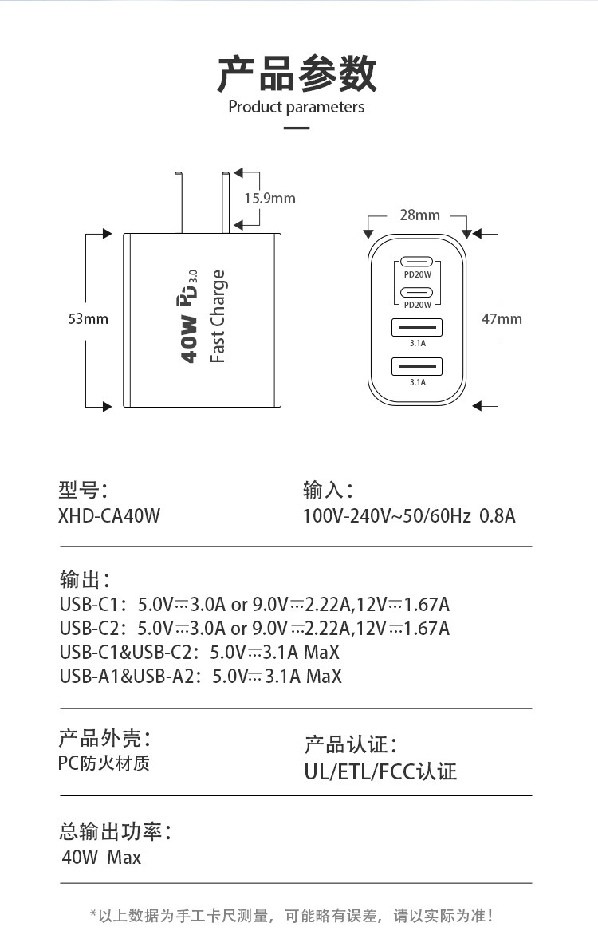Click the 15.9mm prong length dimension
269,198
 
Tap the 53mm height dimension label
88,319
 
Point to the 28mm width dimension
419,215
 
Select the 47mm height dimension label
502,319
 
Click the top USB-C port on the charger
417,262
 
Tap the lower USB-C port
417,292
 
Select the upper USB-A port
417,327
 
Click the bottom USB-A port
417,366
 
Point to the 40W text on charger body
188,339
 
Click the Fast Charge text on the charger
218,317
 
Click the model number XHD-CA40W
109,516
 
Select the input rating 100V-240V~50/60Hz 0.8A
409,516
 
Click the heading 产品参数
297,73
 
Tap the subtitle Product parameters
297,107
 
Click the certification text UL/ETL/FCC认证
380,771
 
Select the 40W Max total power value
101,858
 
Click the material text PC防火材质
104,763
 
